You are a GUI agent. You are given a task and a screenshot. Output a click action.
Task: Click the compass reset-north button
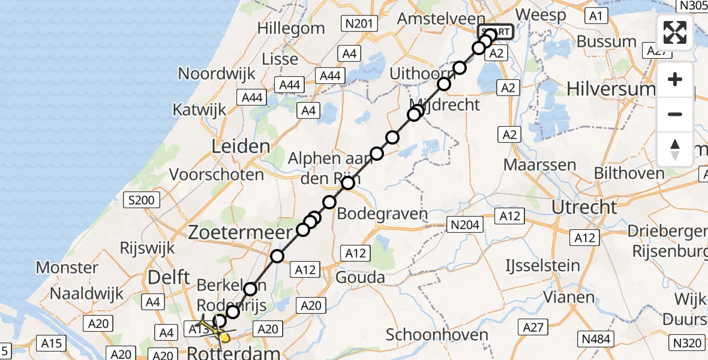coord(675,149)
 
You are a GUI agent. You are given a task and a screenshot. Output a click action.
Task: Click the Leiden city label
coord(240,146)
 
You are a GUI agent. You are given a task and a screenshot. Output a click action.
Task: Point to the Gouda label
coord(361,277)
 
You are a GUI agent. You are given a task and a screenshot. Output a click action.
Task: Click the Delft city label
coord(165,277)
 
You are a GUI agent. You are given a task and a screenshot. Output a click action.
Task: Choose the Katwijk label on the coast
coord(199,110)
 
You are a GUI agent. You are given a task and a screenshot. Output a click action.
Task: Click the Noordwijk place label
coord(217,74)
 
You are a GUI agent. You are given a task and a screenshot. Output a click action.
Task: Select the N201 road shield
coord(360,24)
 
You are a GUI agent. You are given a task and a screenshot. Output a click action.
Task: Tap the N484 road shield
coord(596,339)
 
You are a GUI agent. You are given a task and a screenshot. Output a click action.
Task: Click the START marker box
coord(496,32)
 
